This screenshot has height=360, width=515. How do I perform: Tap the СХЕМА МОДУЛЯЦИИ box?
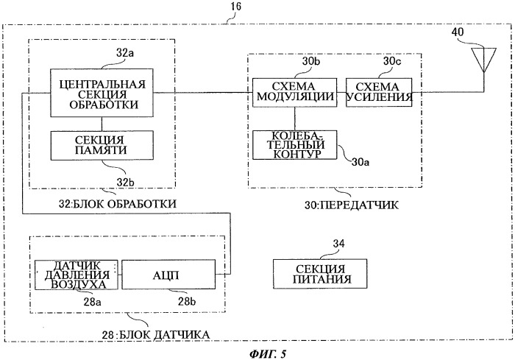click(294, 92)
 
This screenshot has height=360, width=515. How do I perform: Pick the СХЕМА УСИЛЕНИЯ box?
click(374, 92)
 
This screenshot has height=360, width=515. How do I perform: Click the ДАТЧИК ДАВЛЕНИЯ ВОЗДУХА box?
click(77, 274)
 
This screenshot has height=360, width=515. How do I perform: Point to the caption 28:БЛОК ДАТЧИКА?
click(155, 333)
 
